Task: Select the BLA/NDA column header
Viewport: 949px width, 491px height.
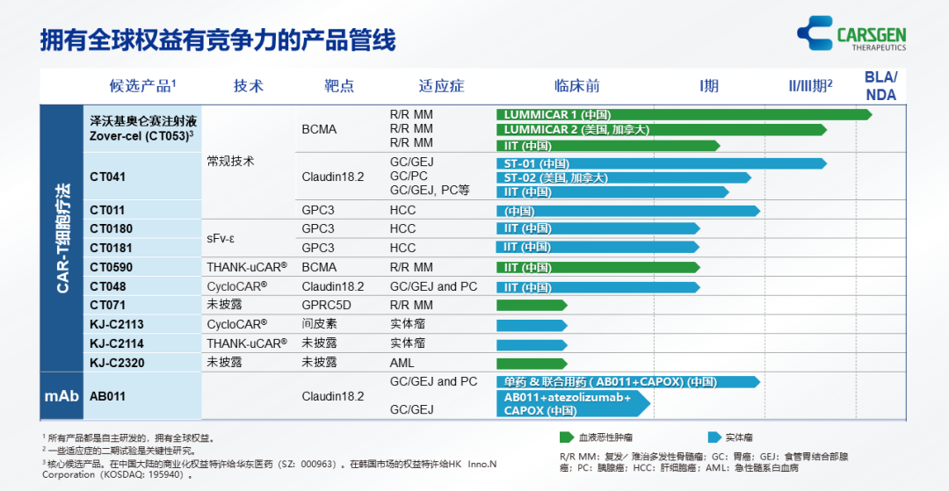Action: click(880, 85)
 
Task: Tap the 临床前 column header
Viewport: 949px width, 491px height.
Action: click(576, 86)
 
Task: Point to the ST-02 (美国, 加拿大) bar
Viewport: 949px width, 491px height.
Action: click(623, 177)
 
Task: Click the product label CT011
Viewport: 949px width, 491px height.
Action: click(107, 211)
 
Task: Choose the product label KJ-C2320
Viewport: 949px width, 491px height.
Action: click(117, 362)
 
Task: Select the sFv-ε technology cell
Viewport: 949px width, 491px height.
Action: click(224, 238)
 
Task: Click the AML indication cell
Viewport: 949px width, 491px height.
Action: click(402, 362)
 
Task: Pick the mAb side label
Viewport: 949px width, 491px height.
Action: click(62, 396)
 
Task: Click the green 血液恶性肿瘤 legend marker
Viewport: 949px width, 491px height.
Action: click(568, 437)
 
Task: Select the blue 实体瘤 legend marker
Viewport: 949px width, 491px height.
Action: click(714, 437)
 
